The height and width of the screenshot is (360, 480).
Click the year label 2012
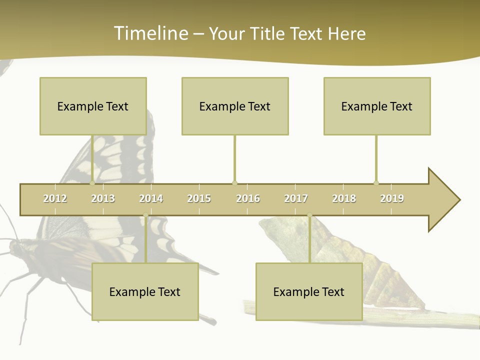pos(55,198)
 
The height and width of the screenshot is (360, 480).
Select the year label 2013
pos(103,198)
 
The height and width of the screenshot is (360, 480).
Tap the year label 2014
pos(151,198)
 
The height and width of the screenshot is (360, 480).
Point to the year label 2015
pos(199,198)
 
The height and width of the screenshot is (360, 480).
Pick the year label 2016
pos(248,198)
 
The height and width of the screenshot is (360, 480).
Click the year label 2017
pos(296,198)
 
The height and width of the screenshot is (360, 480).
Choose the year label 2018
pos(344,198)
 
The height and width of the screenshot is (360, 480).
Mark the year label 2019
pos(392,198)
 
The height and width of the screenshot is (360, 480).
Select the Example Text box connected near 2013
pos(93,106)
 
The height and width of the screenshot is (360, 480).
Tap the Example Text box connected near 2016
pos(235,106)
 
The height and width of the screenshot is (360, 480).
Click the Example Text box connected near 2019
pos(377,106)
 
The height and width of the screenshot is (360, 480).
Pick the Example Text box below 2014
pos(145,291)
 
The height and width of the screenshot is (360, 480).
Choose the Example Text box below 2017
pos(309,291)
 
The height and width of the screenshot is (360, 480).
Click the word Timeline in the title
pos(150,33)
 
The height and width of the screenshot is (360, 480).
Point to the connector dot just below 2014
pos(145,215)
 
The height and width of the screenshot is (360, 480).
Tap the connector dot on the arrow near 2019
pos(376,183)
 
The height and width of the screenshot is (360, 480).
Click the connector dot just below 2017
pos(309,215)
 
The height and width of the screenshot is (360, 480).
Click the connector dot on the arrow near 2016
pos(234,183)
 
